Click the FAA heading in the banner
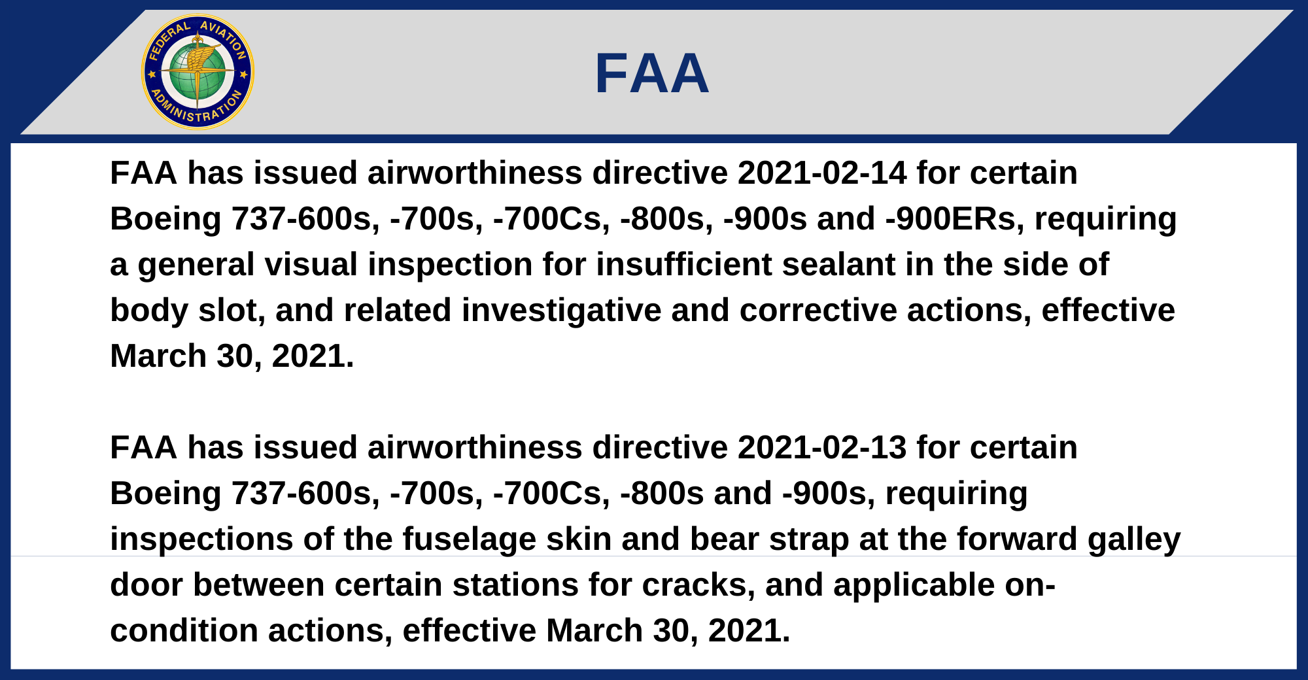coord(652,73)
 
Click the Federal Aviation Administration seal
coord(198,72)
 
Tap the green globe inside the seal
coord(198,72)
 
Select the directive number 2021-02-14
coord(822,173)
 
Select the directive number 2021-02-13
coord(822,448)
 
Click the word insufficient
coord(683,265)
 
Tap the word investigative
coord(561,311)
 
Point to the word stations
coord(515,585)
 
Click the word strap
coord(808,539)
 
